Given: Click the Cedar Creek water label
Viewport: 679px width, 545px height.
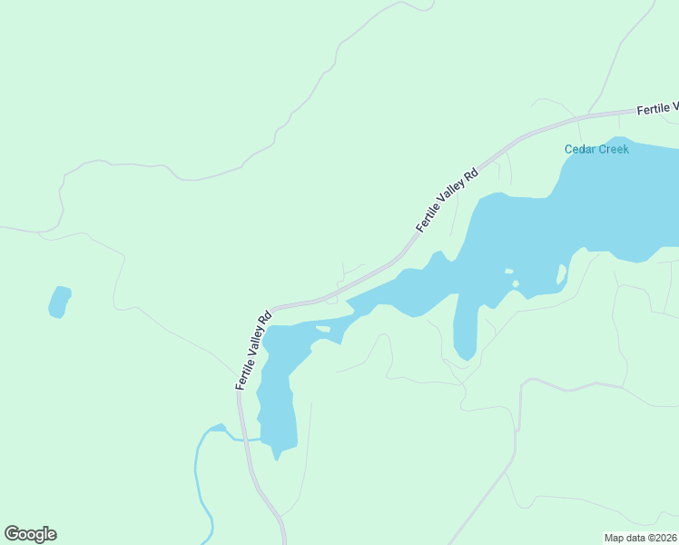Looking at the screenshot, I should point(596,149).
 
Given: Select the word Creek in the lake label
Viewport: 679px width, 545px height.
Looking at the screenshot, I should point(612,149).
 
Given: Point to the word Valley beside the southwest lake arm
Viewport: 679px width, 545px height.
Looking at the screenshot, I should point(256,339).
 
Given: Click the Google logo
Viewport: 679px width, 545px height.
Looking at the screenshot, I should point(30,534).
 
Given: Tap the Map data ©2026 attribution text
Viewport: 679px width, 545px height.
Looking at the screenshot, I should point(640,537).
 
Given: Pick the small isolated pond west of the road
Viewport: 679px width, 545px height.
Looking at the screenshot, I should point(59,302).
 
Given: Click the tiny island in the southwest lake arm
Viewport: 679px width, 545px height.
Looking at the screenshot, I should point(322,328).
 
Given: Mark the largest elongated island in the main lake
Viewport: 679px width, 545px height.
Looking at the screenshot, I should point(561,273).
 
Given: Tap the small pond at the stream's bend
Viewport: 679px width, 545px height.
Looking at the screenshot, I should point(216,428).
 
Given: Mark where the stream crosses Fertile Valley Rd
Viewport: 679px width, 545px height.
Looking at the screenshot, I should point(243,439).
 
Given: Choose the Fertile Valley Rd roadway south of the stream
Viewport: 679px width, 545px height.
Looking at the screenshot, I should point(263,495).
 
